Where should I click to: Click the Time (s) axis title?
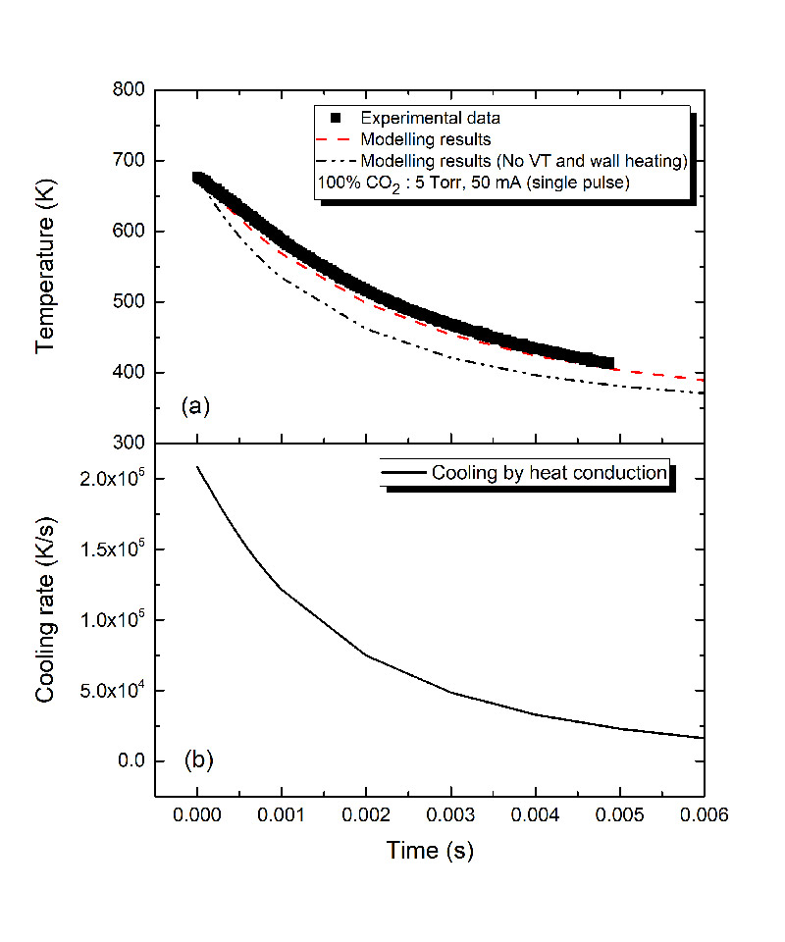click(429, 851)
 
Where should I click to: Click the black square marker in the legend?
click(336, 118)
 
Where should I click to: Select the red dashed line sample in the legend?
click(336, 138)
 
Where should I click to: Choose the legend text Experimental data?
click(431, 118)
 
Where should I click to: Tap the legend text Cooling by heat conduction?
click(549, 473)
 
